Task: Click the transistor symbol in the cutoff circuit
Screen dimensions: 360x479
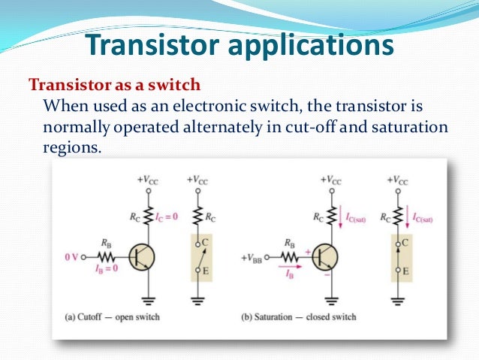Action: (x=140, y=258)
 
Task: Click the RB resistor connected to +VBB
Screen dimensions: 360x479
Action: (x=288, y=257)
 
